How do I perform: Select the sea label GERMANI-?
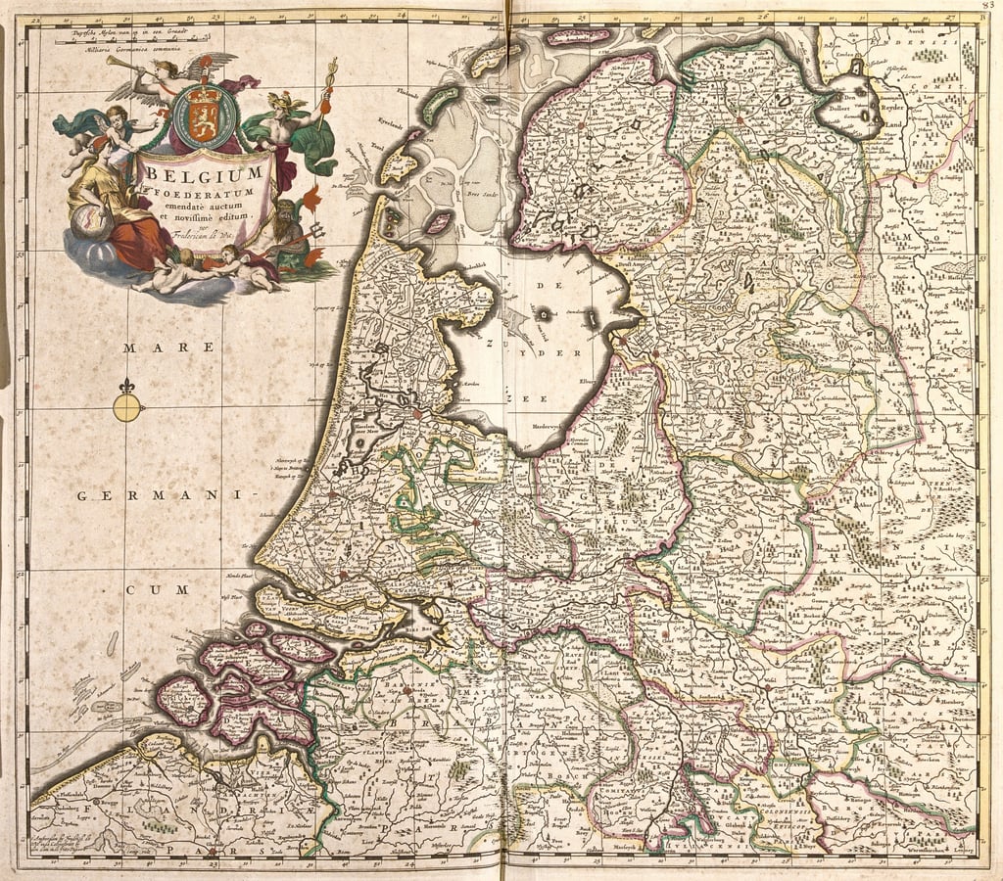coord(163,496)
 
